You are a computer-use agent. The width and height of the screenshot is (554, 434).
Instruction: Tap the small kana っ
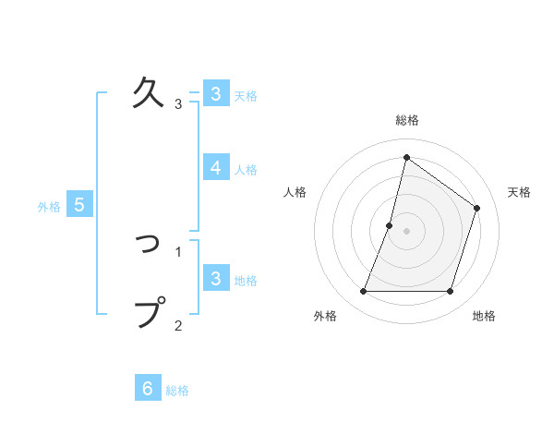point(149,242)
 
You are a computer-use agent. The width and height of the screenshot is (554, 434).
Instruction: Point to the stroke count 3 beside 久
point(178,103)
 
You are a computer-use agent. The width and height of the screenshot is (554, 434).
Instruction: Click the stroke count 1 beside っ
point(178,251)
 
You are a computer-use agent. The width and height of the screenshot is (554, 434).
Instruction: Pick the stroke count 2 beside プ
point(178,325)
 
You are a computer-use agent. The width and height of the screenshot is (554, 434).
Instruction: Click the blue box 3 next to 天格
point(215,93)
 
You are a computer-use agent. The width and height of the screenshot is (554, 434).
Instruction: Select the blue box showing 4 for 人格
point(215,168)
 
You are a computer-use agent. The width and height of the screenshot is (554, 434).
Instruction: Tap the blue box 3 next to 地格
point(215,279)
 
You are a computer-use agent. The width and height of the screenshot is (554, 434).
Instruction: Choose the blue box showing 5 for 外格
point(78,205)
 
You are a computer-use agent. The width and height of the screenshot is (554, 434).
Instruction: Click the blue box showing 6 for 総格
point(148,388)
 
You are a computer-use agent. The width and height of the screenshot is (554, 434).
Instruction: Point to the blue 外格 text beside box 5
point(49,207)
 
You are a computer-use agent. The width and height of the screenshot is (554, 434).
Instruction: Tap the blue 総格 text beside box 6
point(177,391)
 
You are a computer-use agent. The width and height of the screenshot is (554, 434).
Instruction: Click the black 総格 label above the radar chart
point(406,121)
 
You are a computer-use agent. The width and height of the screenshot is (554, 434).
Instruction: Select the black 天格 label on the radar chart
point(519,192)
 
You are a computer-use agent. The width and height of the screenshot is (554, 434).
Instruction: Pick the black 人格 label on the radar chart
point(295,192)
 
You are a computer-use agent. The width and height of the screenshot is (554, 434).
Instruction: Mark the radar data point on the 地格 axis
point(450,291)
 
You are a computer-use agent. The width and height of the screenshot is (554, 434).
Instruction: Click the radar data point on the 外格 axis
point(363,291)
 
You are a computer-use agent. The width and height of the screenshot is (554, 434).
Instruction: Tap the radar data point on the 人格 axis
point(390,225)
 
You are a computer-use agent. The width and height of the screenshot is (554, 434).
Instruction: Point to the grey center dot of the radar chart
point(406,231)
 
